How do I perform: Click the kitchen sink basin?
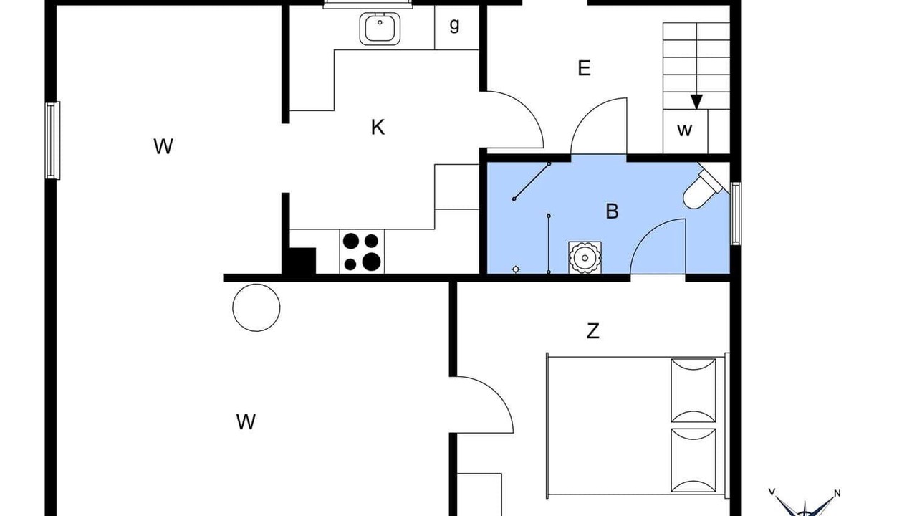coord(380,29)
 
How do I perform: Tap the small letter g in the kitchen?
coord(454,25)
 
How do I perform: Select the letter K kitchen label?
coord(378,127)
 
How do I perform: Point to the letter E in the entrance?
coord(584,68)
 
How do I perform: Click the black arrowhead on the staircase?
coord(696,102)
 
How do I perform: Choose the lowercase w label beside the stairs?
coord(684,130)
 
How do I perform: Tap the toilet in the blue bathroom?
coord(706,188)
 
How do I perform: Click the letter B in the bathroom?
coord(612,211)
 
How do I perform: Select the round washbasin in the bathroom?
coord(585,257)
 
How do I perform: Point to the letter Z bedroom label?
coord(592,331)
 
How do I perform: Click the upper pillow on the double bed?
coord(693,391)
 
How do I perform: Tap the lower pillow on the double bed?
coord(693,460)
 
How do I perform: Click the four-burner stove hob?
coord(362,252)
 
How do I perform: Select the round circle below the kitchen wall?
coord(256,307)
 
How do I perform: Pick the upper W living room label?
coord(163,146)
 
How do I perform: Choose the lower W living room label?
coord(246,422)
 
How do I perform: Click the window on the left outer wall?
coord(52,140)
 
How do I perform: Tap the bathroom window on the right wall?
coord(736,214)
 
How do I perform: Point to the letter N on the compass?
coord(837,494)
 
